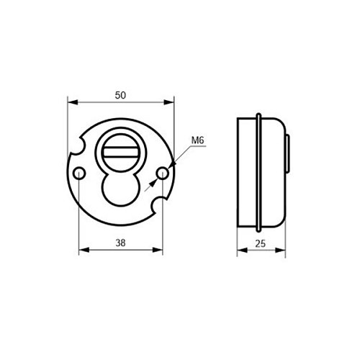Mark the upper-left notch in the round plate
pyautogui.click(x=78, y=148)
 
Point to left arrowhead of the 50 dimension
pyautogui.click(x=71, y=102)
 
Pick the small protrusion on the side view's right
pyautogui.click(x=289, y=154)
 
